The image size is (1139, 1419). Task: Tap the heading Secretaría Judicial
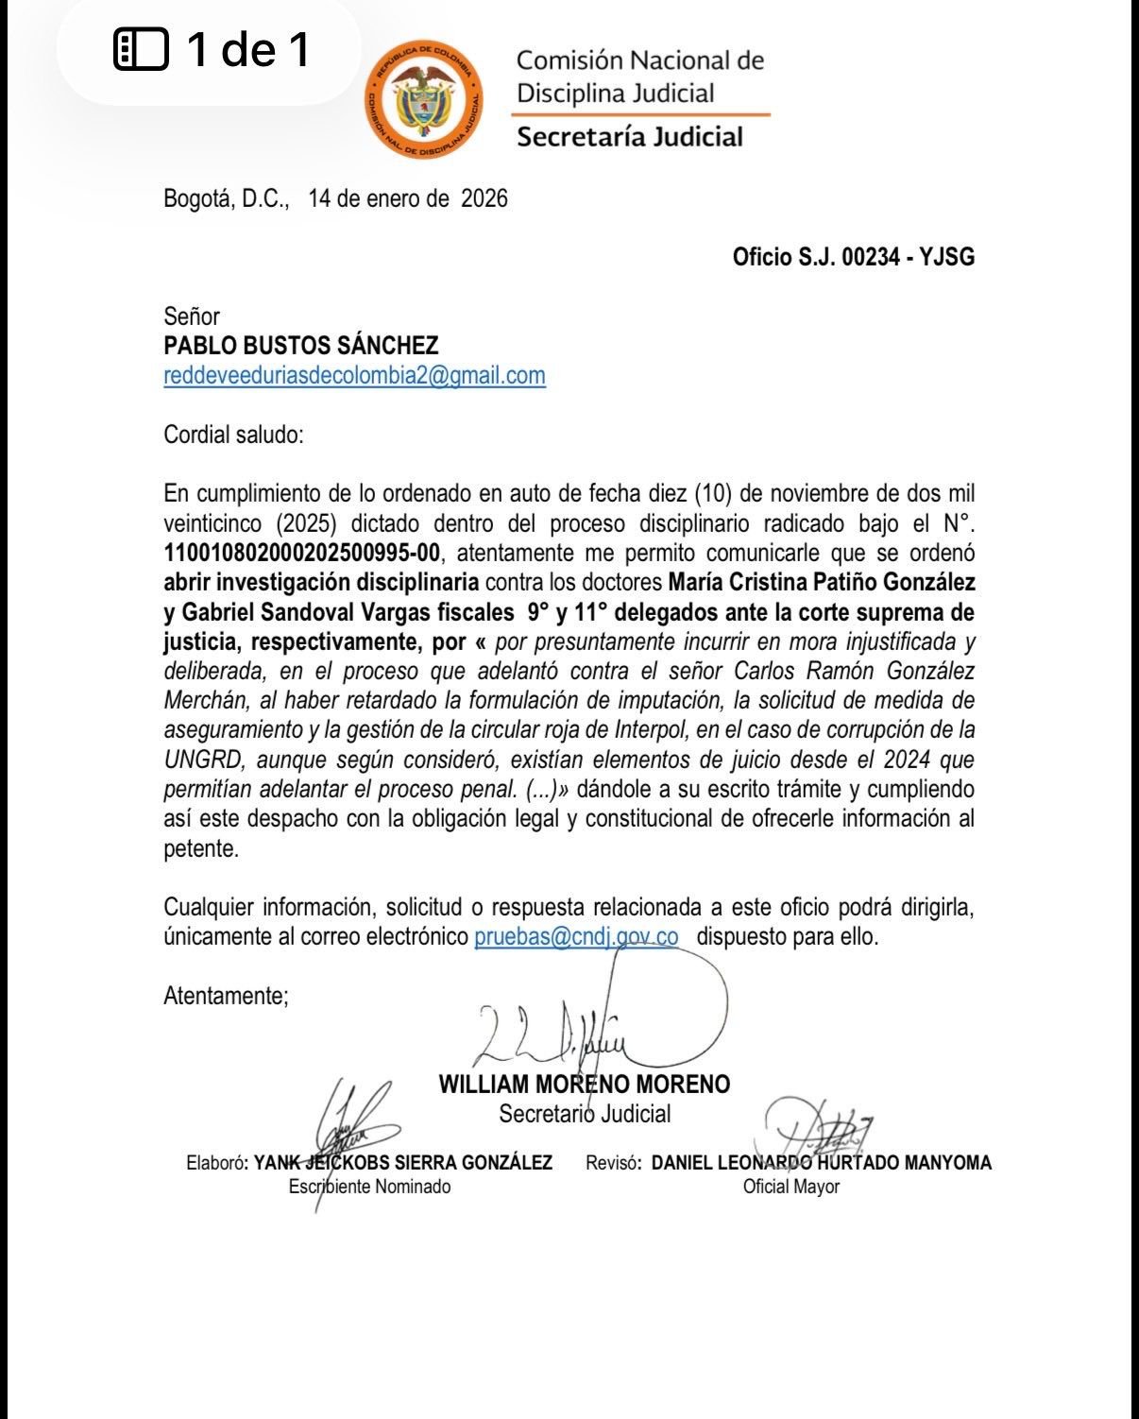pos(630,137)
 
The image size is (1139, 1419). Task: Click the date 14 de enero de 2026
pos(408,198)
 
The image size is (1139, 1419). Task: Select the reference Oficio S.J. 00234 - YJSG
pos(853,257)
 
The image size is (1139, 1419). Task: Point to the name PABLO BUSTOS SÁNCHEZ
pos(301,346)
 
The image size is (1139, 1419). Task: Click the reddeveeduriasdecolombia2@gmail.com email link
pos(354,375)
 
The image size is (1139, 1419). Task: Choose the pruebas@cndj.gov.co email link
pos(576,936)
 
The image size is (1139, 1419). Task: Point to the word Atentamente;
pos(226,995)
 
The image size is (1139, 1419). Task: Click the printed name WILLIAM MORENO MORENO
pos(585,1084)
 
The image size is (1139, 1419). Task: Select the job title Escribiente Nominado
pos(369,1186)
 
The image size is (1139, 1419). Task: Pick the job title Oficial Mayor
pos(791,1186)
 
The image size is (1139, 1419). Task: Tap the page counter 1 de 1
pos(247,49)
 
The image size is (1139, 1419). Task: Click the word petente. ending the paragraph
pos(201,848)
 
